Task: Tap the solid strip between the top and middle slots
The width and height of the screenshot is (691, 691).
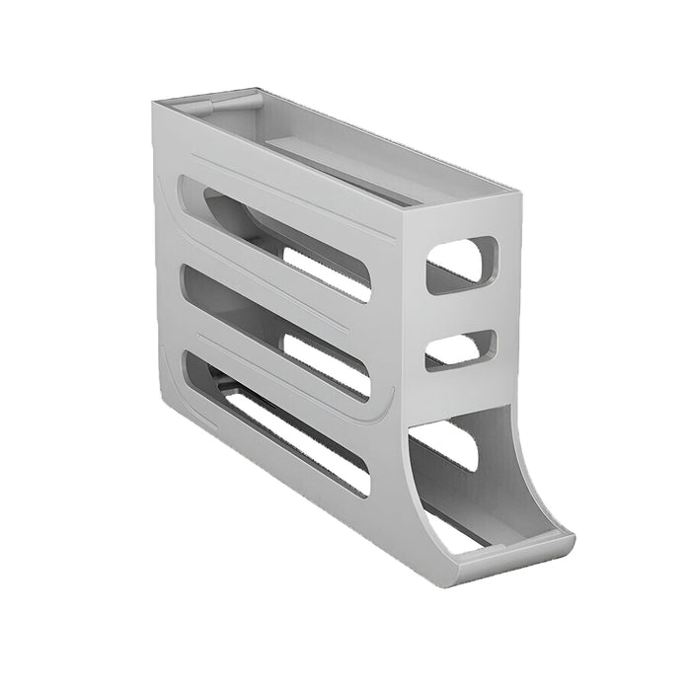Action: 267,286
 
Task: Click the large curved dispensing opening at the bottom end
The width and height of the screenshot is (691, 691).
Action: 484,464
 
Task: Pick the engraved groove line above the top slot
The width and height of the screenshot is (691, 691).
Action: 296,183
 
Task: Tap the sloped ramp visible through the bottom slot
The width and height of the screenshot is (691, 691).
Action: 237,390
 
